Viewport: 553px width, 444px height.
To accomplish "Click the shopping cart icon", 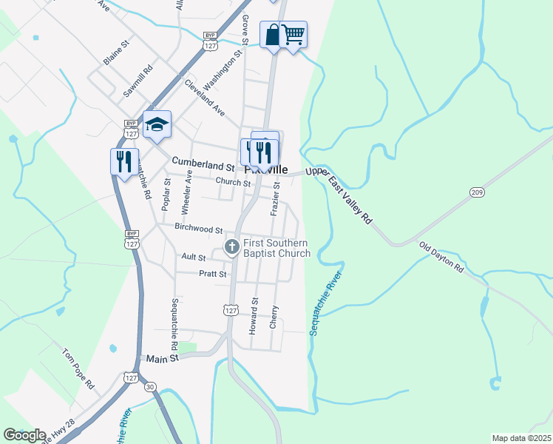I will pos(294,34).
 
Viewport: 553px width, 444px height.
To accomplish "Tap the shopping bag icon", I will pos(273,34).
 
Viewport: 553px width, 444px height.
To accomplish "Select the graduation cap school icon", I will pos(157,124).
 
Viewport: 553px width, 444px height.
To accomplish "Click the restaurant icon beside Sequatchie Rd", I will pos(124,161).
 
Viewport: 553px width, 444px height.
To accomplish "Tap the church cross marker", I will pos(231,246).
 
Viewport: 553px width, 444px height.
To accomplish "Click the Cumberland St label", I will pos(203,161).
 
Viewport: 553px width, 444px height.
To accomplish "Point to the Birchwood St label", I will pos(199,229).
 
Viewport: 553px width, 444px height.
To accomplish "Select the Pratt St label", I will pos(212,274).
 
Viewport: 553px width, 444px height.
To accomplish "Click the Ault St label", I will pos(193,257).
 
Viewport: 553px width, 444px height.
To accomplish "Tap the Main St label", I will pos(163,358).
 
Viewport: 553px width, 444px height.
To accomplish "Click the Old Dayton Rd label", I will pos(441,257).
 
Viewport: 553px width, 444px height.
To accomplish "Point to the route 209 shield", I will pos(476,192).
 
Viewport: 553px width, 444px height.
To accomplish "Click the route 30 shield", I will pos(151,386).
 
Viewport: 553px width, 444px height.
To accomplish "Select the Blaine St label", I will pos(117,53).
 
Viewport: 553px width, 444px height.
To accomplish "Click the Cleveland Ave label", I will pos(205,96).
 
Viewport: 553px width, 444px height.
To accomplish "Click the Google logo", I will pos(24,435).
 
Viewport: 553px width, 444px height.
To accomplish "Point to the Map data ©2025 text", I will pos(521,438).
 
